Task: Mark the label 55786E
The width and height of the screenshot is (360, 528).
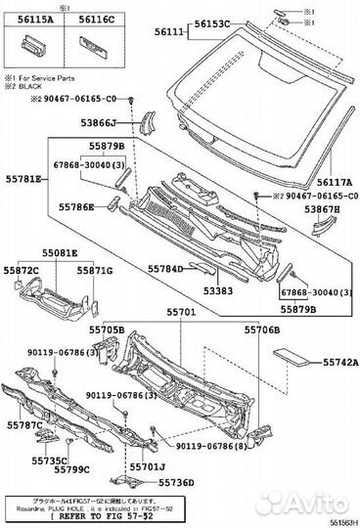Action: click(75, 207)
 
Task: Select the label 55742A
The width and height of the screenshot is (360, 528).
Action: click(338, 363)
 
